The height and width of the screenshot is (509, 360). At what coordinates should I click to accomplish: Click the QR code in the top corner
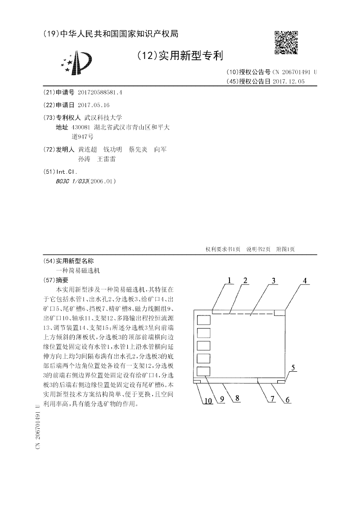point(286,43)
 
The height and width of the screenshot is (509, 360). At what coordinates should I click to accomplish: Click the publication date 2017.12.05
point(288,81)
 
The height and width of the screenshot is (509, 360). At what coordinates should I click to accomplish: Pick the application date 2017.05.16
point(94,105)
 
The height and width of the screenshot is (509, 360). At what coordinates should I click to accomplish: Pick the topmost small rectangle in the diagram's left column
point(204,321)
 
